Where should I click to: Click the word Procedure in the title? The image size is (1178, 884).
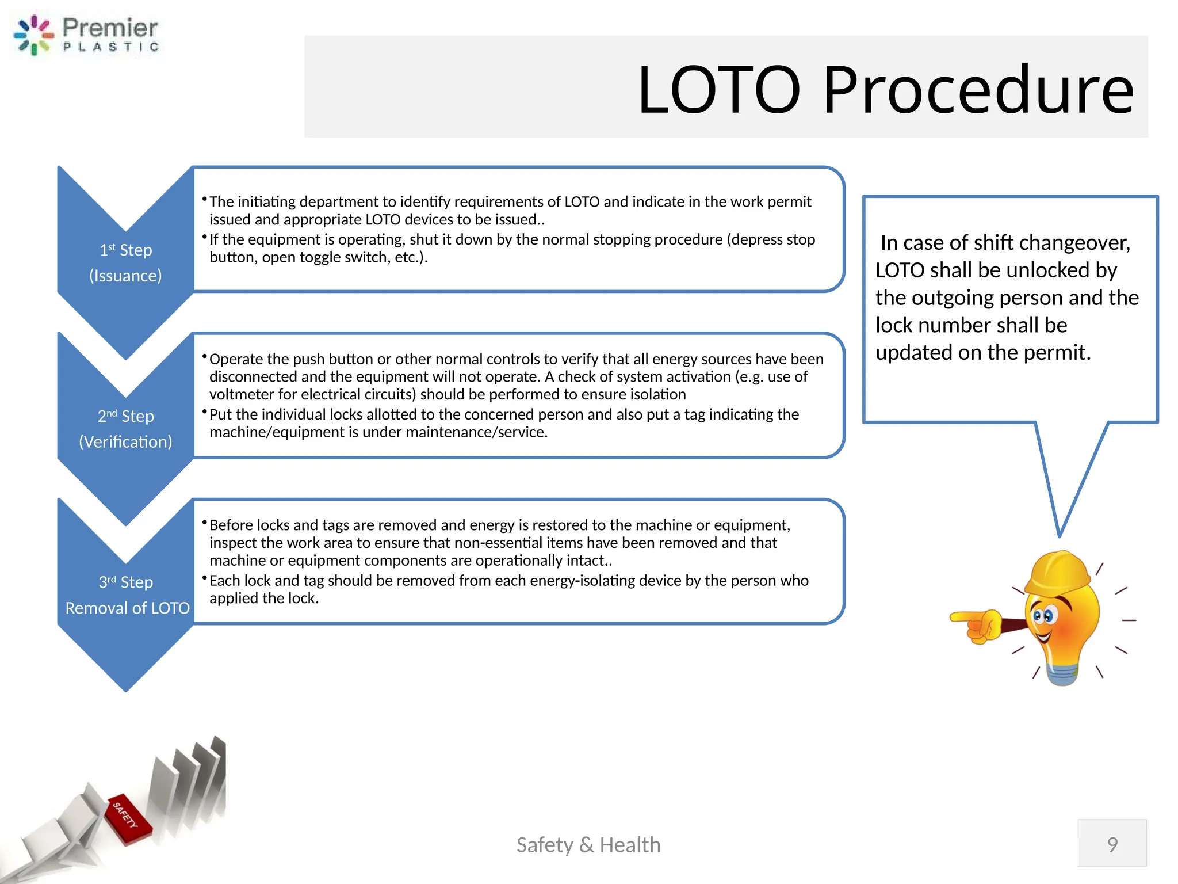point(978,90)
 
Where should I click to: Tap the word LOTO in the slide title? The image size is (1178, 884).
point(719,90)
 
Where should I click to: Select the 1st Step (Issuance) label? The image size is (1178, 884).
point(125,262)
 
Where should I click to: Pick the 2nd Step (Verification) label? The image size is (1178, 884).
point(125,429)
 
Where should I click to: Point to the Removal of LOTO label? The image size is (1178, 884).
point(127,608)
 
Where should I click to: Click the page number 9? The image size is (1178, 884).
point(1112,844)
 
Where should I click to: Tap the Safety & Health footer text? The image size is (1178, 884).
point(588,844)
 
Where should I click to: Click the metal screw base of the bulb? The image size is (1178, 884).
point(1062,673)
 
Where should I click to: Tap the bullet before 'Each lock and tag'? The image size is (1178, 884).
point(204,578)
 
